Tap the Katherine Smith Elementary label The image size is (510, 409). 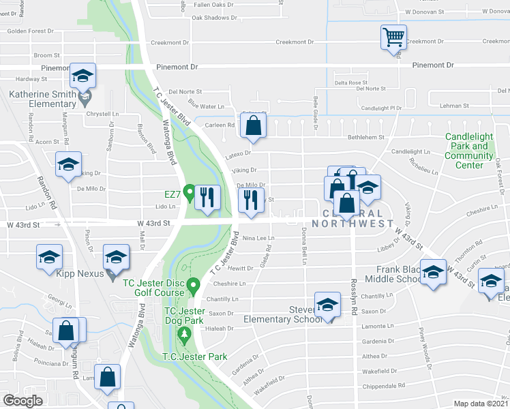coord(42,99)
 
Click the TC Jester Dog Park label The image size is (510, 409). coord(184,316)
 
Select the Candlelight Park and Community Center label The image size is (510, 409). coord(469,151)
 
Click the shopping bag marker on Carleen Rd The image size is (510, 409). coord(253,126)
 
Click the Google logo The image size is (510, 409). coord(22,401)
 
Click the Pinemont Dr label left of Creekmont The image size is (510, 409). coord(177,67)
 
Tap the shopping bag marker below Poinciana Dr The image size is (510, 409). coord(108,376)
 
